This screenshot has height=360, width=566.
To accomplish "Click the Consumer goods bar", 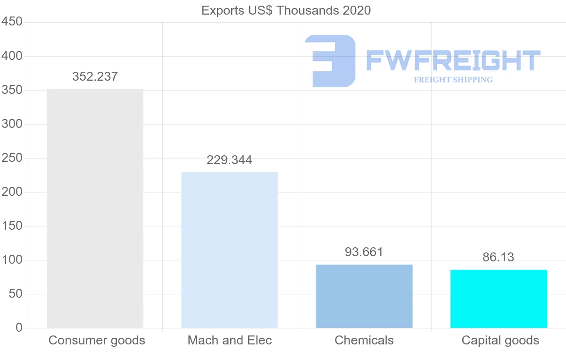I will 95,208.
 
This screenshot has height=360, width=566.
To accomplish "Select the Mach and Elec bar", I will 230,250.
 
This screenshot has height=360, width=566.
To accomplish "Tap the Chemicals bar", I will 364,296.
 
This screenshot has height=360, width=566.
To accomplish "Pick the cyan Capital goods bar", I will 499,299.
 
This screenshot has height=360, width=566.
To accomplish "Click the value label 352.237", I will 95,76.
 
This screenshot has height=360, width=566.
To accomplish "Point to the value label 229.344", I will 229,160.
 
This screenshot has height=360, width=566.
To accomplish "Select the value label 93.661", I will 364,252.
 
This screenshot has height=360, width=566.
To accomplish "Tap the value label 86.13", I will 498,257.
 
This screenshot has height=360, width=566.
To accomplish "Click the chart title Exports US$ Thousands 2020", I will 286,10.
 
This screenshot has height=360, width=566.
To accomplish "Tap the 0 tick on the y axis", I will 19,327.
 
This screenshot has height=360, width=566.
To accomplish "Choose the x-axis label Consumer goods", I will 97,340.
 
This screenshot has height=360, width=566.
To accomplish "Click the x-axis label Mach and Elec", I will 230,340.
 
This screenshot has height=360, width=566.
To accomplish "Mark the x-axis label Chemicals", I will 364,340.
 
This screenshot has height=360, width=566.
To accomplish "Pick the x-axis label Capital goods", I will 500,340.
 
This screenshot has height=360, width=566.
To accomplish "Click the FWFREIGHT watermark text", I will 453,60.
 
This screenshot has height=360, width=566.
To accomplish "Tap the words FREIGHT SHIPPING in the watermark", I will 453,80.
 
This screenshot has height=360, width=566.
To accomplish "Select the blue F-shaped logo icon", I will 330,61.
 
